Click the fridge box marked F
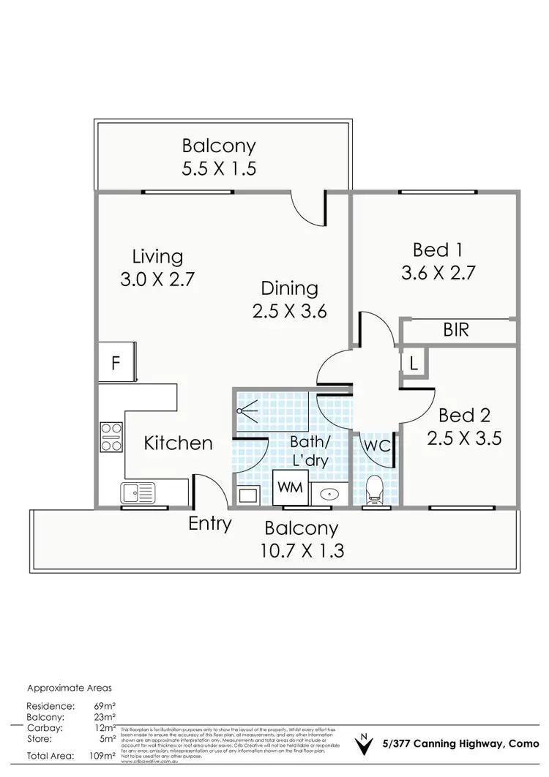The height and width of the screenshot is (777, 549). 116,363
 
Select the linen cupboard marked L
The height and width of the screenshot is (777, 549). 413,364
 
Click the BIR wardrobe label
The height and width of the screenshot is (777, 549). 455,330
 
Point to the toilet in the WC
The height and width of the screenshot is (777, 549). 374,490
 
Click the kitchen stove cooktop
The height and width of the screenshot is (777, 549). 111,438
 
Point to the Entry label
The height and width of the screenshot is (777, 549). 210,523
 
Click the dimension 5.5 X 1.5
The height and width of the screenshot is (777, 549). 220,168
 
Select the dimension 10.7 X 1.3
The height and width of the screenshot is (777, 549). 301,549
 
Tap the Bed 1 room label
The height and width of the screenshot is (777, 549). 438,249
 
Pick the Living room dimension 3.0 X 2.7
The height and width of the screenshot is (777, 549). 157,279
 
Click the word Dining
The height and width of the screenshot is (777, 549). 288,288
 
